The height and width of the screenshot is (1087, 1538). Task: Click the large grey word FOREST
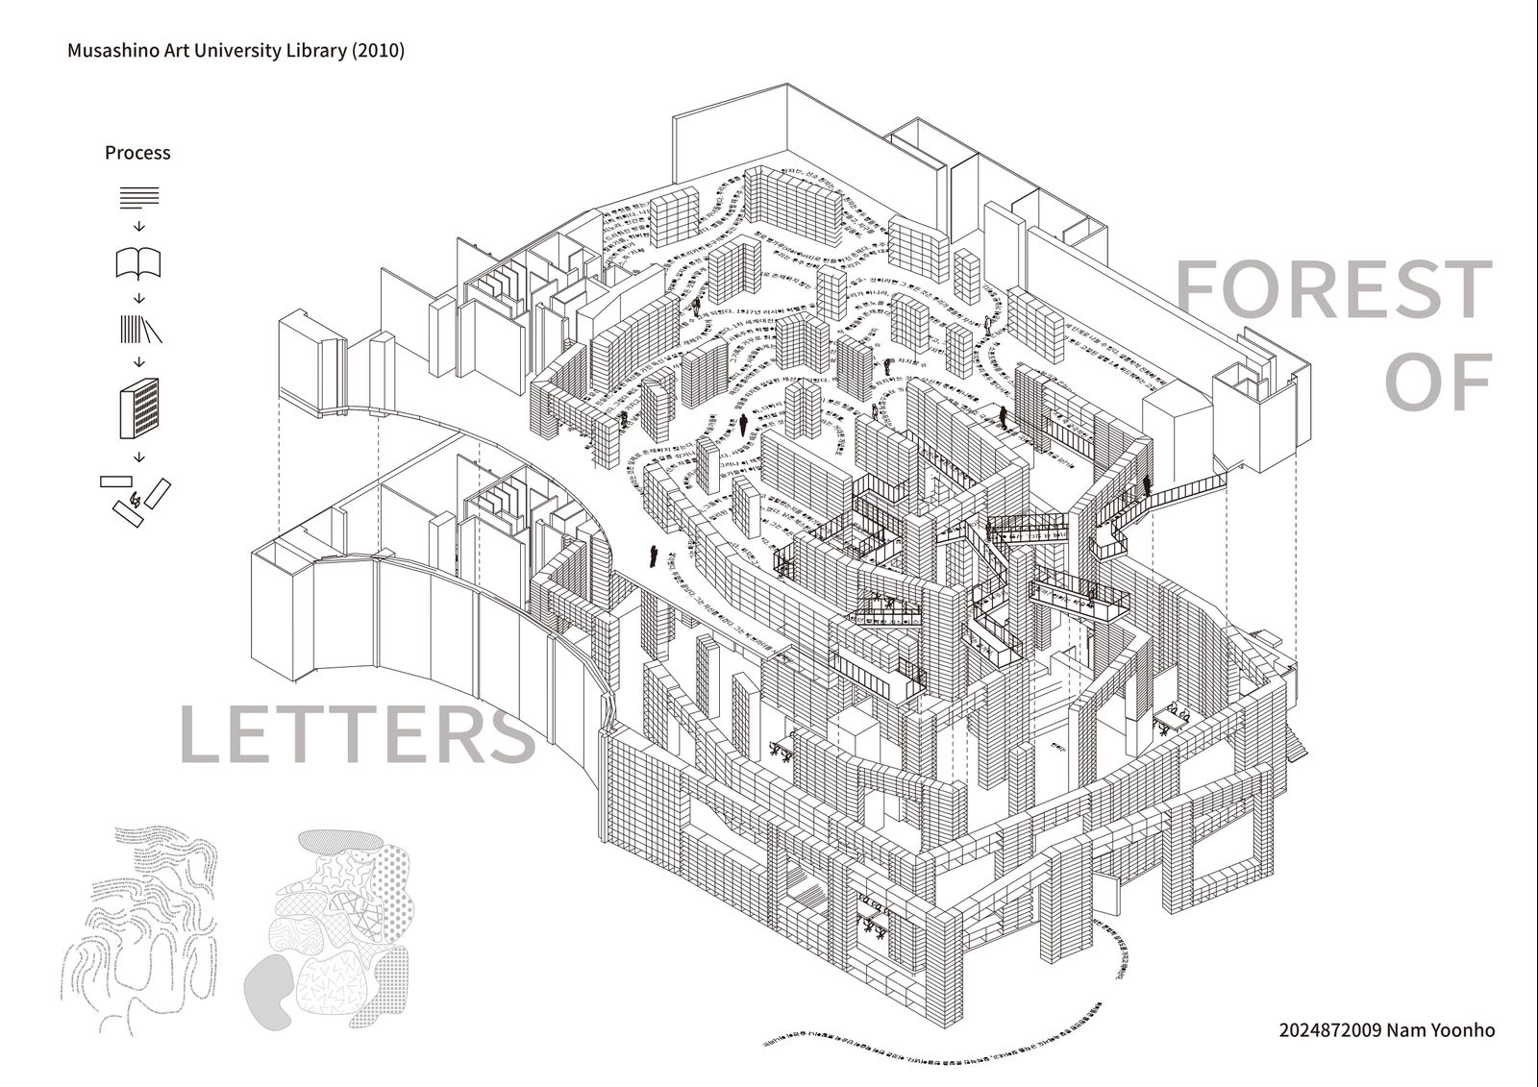(x=1334, y=289)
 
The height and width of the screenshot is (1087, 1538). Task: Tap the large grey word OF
(x=1438, y=382)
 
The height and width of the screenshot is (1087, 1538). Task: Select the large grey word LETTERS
(x=357, y=734)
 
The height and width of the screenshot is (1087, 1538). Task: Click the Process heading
(x=137, y=153)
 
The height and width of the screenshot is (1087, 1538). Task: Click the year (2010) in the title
(x=379, y=50)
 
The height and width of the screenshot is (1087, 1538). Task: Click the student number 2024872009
(x=1330, y=1029)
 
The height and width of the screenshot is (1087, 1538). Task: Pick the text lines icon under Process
(x=138, y=198)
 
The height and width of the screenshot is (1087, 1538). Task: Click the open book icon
(x=138, y=262)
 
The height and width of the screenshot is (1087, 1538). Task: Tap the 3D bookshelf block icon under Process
(x=138, y=408)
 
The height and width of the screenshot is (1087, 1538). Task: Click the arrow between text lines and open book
(x=138, y=227)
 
